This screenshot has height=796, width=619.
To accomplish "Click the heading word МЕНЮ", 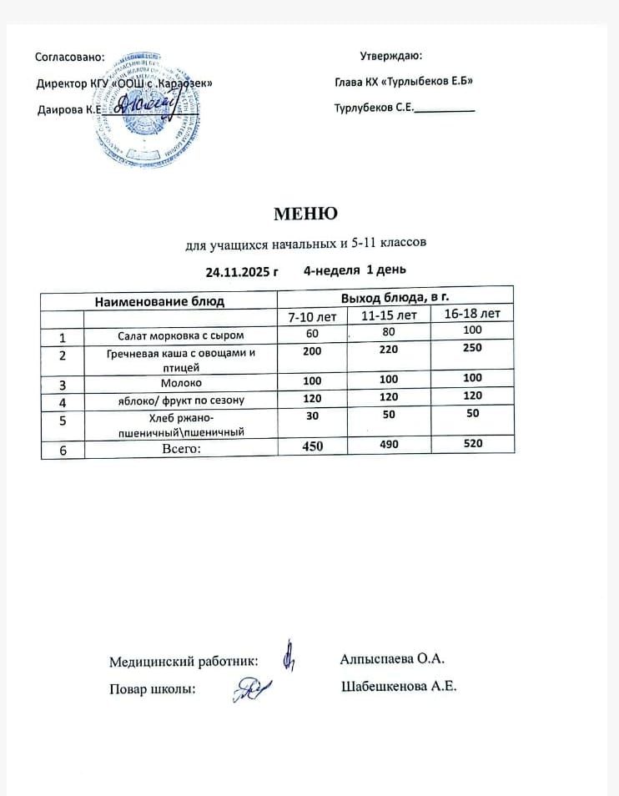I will pyautogui.click(x=306, y=214).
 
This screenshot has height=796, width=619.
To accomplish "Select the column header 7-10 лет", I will pyautogui.click(x=312, y=317).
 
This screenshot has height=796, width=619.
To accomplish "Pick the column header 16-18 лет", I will pyautogui.click(x=472, y=314).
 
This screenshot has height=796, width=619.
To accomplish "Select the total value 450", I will pyautogui.click(x=312, y=446).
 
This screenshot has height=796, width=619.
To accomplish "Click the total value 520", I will pyautogui.click(x=472, y=444).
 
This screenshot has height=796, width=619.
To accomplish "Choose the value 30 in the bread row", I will pyautogui.click(x=312, y=416).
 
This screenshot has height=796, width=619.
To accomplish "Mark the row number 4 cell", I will pyautogui.click(x=62, y=401).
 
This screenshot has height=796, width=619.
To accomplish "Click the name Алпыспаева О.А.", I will pyautogui.click(x=392, y=659).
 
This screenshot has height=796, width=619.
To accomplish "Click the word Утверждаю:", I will pyautogui.click(x=391, y=57).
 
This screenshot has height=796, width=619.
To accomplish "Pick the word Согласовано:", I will pyautogui.click(x=71, y=58).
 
